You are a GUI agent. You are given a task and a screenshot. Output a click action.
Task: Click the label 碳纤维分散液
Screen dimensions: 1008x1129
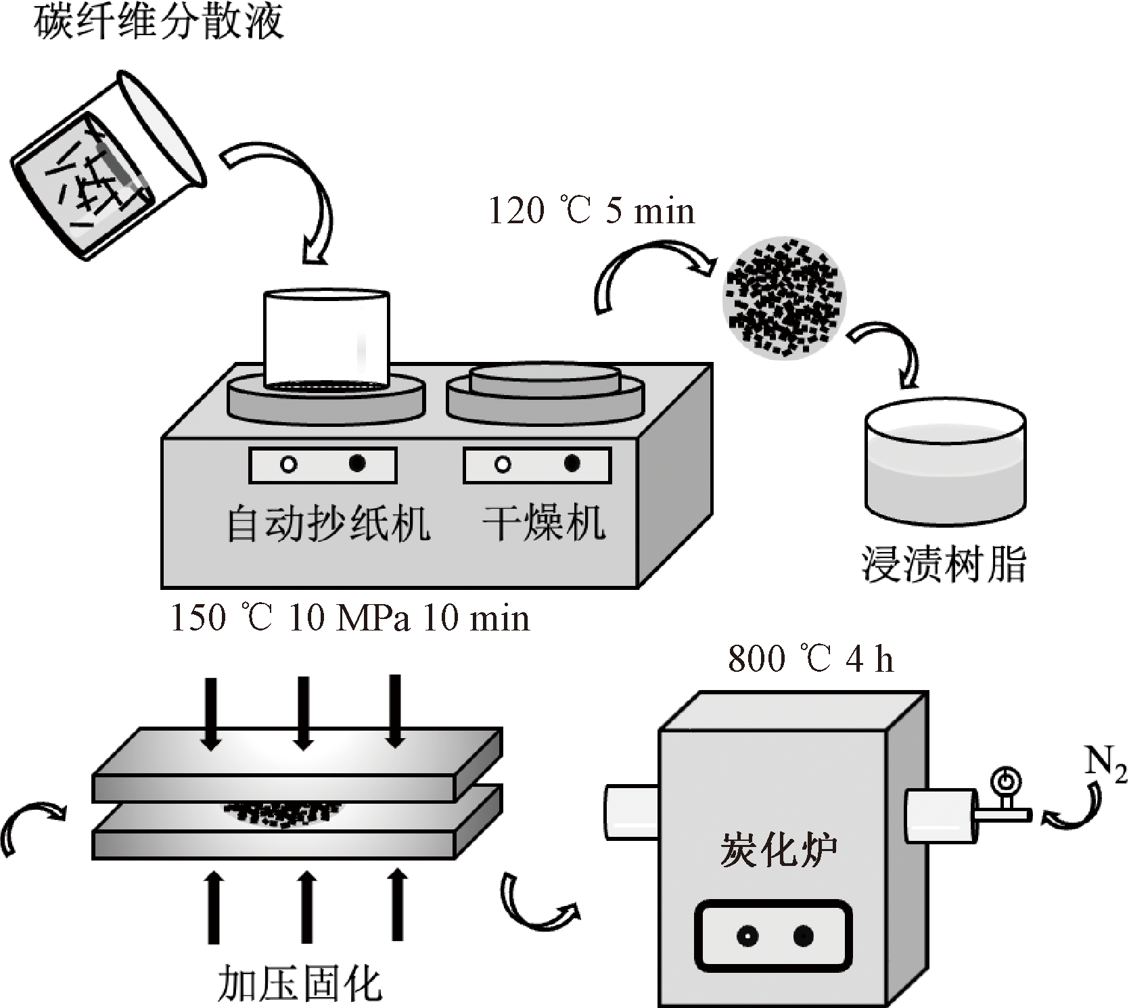pyautogui.click(x=158, y=22)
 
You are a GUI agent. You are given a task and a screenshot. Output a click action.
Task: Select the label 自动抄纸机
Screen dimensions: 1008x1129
pyautogui.click(x=328, y=524)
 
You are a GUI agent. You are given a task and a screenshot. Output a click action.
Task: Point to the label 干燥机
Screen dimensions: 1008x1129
pyautogui.click(x=544, y=524)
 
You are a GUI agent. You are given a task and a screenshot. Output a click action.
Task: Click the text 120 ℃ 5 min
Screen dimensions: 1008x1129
pyautogui.click(x=591, y=210)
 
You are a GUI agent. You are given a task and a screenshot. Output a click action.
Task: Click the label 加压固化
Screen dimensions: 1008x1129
pyautogui.click(x=300, y=983)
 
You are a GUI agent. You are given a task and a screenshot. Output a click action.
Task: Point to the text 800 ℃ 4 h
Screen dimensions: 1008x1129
pyautogui.click(x=810, y=658)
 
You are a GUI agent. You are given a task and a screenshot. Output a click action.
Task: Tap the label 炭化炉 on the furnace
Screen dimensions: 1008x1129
pyautogui.click(x=778, y=850)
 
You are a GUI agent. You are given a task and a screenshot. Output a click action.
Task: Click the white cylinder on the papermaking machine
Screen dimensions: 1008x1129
pyautogui.click(x=327, y=338)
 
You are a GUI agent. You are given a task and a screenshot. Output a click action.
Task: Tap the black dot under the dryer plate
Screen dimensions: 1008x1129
pyautogui.click(x=572, y=464)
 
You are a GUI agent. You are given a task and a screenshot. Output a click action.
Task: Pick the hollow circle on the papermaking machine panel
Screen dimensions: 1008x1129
pyautogui.click(x=289, y=465)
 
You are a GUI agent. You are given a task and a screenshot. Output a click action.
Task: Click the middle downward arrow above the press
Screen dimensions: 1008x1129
pyautogui.click(x=304, y=712)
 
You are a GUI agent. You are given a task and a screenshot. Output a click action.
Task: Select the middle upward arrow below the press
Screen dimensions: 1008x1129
pyautogui.click(x=306, y=907)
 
